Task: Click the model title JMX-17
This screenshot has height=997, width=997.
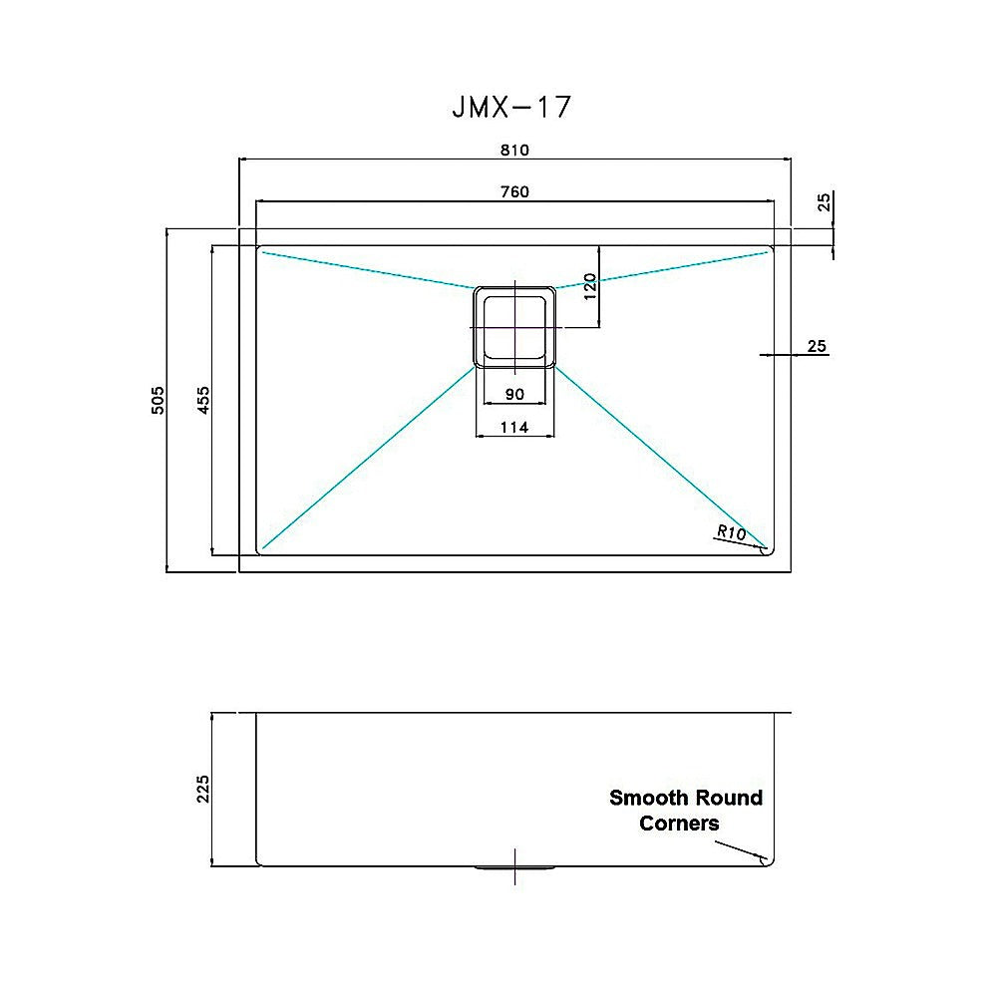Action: pos(512,107)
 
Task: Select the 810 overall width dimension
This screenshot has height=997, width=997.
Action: pos(513,150)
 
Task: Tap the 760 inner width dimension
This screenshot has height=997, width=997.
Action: pos(513,191)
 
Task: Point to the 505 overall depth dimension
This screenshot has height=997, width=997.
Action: pos(158,401)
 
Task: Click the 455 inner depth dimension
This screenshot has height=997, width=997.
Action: pos(202,401)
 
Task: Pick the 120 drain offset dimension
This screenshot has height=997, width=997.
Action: pos(589,286)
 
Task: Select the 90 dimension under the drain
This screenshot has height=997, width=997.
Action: pos(514,394)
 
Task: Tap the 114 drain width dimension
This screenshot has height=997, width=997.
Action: pos(513,428)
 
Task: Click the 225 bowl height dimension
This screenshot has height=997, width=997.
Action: pos(203,790)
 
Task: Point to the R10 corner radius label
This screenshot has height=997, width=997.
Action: pos(731,532)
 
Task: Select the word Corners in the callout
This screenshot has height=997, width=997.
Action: pos(679,824)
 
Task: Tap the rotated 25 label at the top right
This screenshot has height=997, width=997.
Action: pos(824,203)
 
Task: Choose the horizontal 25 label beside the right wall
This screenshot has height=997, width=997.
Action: pos(817,347)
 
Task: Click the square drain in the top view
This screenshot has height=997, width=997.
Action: pos(513,327)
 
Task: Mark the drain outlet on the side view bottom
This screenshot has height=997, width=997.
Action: pos(514,867)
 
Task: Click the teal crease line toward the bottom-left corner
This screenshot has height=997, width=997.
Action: pos(367,458)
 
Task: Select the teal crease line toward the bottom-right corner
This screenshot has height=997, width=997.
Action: pos(660,458)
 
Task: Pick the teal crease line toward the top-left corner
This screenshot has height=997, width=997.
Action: pos(367,269)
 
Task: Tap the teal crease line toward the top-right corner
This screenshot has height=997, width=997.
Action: pos(663,269)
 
